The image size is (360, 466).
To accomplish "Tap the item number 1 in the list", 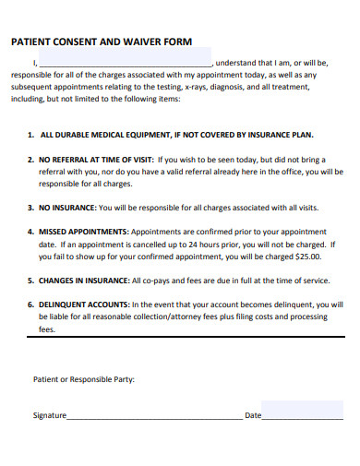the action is (30, 134).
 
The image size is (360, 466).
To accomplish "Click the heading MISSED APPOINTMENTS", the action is (84, 231).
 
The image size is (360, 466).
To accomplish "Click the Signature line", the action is (153, 417).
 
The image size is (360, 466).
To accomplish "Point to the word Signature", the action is (49, 415).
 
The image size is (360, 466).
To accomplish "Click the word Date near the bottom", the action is (252, 415).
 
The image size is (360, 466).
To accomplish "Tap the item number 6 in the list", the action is (30, 304).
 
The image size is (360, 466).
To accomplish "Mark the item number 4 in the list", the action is (30, 231).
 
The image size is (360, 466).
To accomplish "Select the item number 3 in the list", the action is (30, 207).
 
